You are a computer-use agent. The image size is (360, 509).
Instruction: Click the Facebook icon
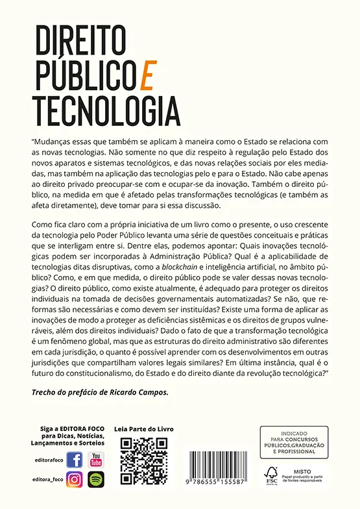point(75,460)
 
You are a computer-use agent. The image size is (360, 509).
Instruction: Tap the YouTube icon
point(96,460)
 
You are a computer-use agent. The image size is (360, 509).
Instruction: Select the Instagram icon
point(75,479)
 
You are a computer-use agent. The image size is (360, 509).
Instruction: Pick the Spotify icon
point(96,479)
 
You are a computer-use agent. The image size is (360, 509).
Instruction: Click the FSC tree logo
point(271,474)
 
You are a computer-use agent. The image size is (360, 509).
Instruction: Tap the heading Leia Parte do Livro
point(143,429)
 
